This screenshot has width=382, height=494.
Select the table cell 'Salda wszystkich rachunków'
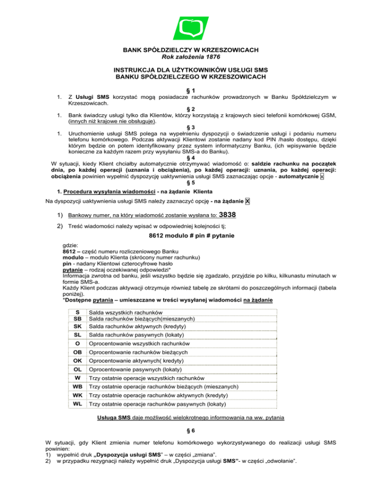[122, 312]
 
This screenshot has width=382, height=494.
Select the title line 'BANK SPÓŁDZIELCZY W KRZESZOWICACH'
[191, 50]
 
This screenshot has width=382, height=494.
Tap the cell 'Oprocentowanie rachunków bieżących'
[132, 352]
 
